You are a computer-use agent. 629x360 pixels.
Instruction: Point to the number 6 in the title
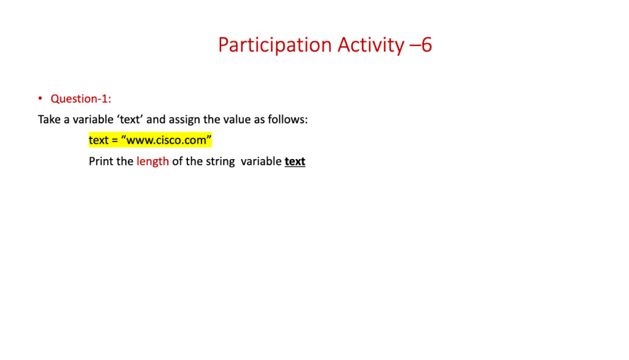[x=426, y=45]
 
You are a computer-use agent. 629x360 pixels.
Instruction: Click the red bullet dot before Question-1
[x=40, y=98]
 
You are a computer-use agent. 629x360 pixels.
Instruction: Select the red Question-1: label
[x=80, y=99]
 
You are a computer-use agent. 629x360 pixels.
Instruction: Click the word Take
[x=49, y=119]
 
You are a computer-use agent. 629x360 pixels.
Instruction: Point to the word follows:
[x=287, y=119]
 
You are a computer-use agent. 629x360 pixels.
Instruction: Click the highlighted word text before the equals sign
[x=98, y=140]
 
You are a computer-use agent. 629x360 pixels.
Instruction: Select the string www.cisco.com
[x=166, y=140]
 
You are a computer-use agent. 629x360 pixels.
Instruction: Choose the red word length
[x=152, y=162]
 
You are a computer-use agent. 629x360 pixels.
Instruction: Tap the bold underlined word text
[x=295, y=162]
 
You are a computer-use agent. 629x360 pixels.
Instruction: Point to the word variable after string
[x=261, y=162]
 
